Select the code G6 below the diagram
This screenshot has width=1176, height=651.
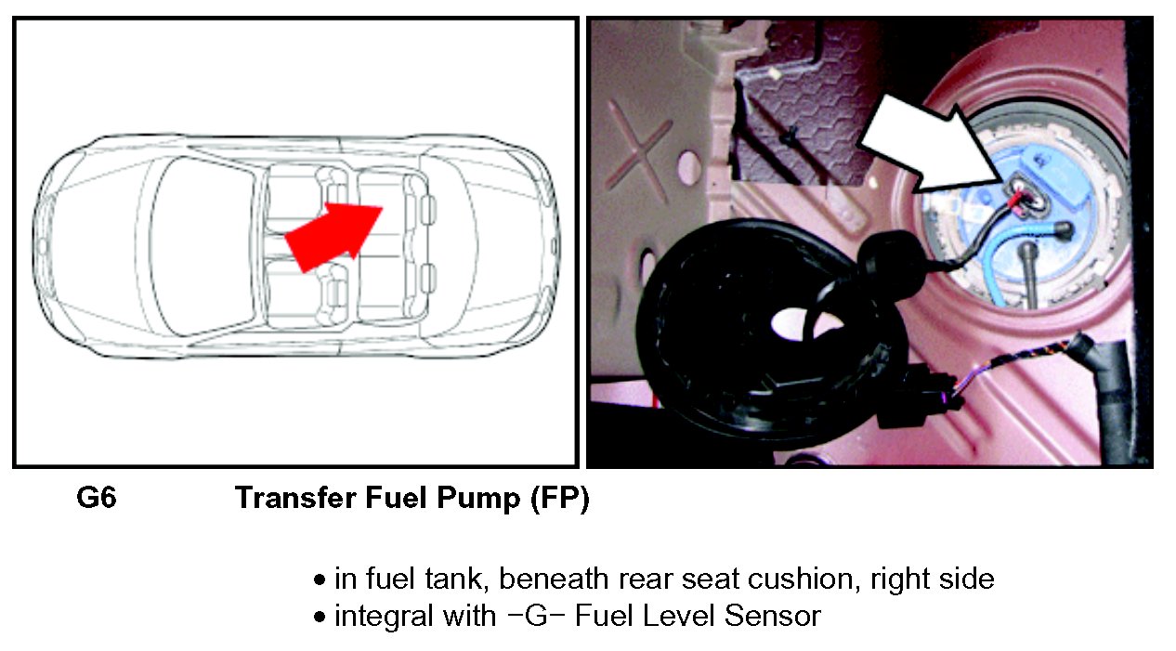point(96,497)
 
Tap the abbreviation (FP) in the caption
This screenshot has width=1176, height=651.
point(559,498)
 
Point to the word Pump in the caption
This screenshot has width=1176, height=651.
point(478,499)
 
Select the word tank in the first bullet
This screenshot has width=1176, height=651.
point(453,579)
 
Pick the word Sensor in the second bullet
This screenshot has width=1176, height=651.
point(772,616)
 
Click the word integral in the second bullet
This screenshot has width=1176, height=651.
point(384,617)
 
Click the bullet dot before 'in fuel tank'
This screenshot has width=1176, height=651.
point(320,580)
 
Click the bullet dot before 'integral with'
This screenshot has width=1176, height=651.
point(320,617)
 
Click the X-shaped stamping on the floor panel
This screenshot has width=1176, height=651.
point(638,150)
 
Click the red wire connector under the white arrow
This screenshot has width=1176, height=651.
point(1016,202)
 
